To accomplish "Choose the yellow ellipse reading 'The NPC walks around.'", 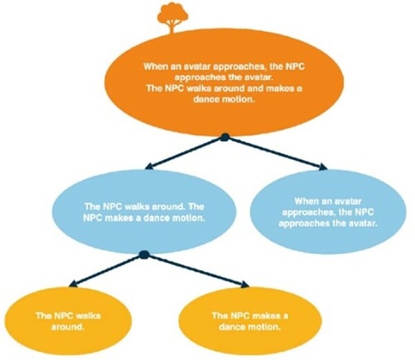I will click(68, 319).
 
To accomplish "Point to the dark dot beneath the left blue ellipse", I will click(144, 255).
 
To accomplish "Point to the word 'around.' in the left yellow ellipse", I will click(68, 325).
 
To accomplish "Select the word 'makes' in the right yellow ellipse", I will click(257, 315).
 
